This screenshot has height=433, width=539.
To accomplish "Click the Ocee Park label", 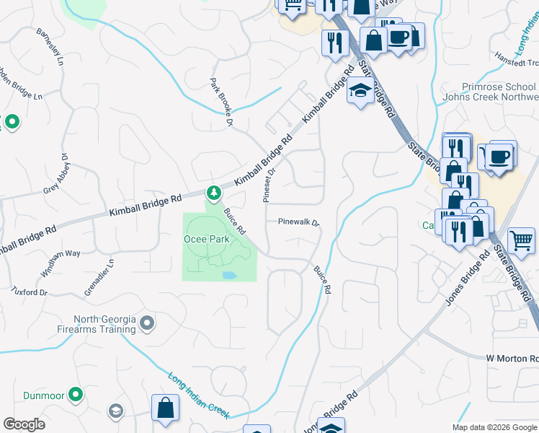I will [x=207, y=238].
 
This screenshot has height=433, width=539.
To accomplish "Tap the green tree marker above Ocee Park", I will [x=213, y=193].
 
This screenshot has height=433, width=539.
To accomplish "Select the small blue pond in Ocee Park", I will [x=229, y=276].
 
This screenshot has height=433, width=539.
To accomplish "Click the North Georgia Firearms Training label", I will [x=105, y=324].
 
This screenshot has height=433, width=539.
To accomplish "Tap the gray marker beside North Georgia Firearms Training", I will [x=148, y=323].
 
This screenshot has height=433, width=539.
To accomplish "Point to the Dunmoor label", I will [x=43, y=395].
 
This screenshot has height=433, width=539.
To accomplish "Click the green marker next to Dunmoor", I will [x=75, y=395].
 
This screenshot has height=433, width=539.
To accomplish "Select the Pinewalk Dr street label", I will [x=298, y=223].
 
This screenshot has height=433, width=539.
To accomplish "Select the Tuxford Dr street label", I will [x=29, y=292].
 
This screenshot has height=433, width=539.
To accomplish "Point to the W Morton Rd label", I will [x=512, y=358].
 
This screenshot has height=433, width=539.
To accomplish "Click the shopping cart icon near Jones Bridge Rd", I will [x=522, y=241].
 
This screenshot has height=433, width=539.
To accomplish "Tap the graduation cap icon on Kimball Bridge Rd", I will [x=359, y=92].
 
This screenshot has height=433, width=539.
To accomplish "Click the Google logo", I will [x=24, y=424].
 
